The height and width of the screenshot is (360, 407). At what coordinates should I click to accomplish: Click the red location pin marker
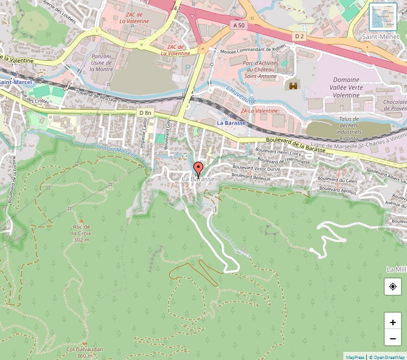click(x=199, y=169)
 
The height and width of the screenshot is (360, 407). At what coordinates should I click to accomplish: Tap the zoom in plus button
click(x=393, y=322)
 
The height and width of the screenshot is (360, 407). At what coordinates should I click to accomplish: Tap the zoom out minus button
click(x=393, y=339)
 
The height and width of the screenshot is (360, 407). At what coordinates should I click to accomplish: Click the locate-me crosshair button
click(x=393, y=287)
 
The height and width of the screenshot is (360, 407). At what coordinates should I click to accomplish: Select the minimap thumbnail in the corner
click(x=383, y=17)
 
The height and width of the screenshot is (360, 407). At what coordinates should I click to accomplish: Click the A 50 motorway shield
click(x=238, y=25)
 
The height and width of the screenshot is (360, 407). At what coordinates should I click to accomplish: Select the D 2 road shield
click(x=299, y=36)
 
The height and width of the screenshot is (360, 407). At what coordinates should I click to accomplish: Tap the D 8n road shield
click(x=145, y=113)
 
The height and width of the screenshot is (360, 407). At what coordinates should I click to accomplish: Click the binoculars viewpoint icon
click(x=294, y=85)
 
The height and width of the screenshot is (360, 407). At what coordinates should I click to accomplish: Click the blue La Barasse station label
click(x=231, y=123)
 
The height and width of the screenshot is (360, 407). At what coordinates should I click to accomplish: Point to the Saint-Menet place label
click(x=384, y=37)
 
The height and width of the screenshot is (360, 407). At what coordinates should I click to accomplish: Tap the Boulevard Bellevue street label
click(x=251, y=176)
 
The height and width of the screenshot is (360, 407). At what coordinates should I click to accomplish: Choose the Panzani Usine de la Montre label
click(x=101, y=63)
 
